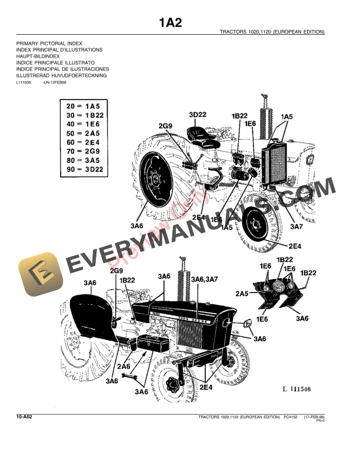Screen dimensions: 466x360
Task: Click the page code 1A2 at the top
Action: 170,23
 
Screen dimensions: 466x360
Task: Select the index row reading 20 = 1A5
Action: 84,106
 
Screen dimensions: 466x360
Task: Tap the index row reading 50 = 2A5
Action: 84,134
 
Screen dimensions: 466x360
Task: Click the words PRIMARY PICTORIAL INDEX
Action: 49,44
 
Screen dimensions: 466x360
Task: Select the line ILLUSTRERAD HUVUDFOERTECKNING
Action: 62,75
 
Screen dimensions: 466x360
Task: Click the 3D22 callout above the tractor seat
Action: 198,114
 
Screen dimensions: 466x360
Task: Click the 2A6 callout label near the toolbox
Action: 124,366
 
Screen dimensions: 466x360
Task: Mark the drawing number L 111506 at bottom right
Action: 296,390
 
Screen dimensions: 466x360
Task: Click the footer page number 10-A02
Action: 24,417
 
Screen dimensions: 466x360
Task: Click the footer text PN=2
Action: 321,421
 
